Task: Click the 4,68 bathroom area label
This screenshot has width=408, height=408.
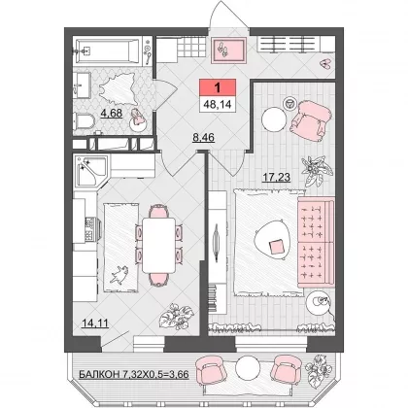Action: coord(112,114)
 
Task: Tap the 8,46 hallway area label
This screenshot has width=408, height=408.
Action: coord(203,138)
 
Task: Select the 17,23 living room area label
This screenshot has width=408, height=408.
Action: coord(276,177)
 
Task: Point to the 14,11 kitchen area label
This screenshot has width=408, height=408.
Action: coord(95,323)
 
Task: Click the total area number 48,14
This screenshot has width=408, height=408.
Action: coord(218,104)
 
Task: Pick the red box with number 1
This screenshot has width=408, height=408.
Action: coord(218,87)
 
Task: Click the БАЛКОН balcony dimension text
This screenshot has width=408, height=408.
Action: coord(134,375)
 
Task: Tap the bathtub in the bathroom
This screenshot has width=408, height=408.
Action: coord(109,51)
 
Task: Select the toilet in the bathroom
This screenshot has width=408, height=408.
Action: coord(84,121)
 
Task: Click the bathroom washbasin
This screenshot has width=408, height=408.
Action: coord(82,85)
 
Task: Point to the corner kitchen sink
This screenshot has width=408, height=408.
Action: coord(91,171)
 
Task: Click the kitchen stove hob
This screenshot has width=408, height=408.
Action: coord(90,229)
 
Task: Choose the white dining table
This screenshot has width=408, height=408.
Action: coord(158,245)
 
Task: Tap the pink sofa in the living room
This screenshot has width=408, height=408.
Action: coord(316,242)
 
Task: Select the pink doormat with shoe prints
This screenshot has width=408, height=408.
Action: coord(228,51)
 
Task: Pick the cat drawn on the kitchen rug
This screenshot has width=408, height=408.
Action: coord(119,275)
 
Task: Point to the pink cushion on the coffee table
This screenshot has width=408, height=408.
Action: coord(276,247)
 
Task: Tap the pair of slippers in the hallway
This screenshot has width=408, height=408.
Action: coord(325,64)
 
